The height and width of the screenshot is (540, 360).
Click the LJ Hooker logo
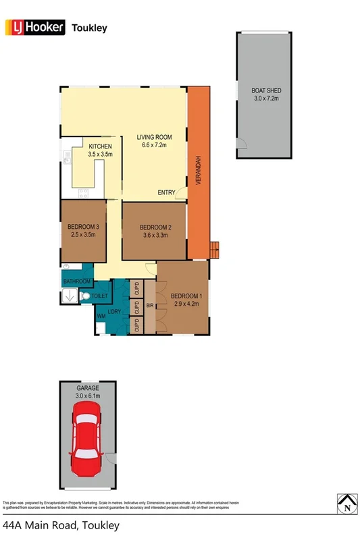tap(34, 28)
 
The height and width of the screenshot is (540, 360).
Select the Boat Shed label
tap(265, 94)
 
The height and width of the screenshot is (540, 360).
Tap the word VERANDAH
tap(199, 174)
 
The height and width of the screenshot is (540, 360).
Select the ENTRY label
tap(166, 193)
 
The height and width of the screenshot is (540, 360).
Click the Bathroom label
tap(77, 281)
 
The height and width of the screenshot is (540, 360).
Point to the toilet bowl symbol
tap(84, 296)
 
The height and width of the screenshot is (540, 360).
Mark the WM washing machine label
tap(101, 316)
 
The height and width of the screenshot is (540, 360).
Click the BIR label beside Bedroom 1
tap(149, 306)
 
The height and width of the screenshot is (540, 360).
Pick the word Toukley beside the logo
tap(90, 28)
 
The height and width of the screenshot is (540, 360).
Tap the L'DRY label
tap(115, 311)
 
